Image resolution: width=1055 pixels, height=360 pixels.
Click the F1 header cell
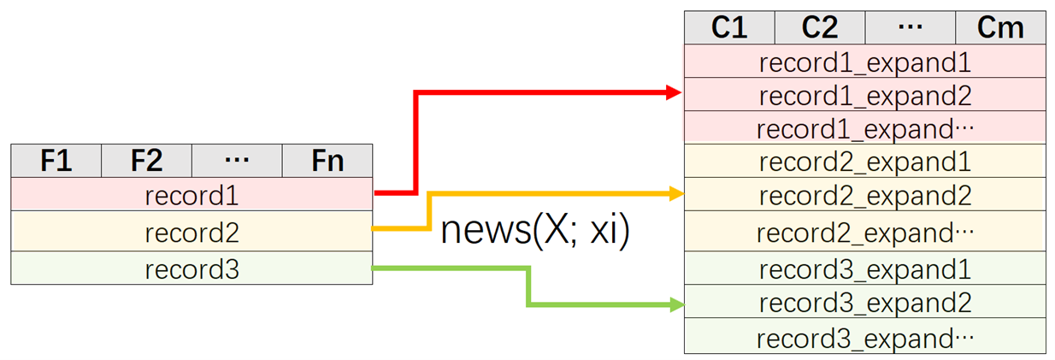(x=56, y=161)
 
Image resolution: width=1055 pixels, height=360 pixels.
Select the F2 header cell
(x=147, y=161)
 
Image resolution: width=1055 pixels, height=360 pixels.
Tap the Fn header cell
(x=327, y=161)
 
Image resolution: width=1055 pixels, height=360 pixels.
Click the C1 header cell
(x=729, y=27)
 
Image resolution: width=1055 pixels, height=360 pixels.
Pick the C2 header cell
(x=820, y=27)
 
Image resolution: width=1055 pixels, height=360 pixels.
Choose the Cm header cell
(x=1000, y=27)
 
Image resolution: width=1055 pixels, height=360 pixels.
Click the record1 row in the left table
(x=192, y=196)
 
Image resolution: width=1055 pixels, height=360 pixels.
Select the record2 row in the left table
(x=192, y=233)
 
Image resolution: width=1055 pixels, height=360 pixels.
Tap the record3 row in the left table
(x=192, y=269)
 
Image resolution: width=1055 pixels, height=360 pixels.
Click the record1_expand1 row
(x=864, y=62)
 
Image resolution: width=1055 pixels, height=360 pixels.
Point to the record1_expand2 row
(x=864, y=95)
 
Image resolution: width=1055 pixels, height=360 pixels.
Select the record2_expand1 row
(x=864, y=162)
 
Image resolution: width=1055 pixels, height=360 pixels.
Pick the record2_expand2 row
(x=864, y=195)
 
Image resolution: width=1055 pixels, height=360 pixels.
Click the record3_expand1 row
(x=864, y=269)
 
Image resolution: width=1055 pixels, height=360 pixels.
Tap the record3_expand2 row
(x=864, y=303)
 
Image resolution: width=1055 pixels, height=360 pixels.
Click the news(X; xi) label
(x=535, y=231)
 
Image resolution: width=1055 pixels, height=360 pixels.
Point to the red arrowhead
(x=675, y=91)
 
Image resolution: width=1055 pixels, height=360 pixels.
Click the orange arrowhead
(x=675, y=194)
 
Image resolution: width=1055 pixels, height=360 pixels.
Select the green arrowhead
(x=676, y=304)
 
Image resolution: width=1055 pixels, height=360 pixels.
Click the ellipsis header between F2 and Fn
(x=237, y=161)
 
